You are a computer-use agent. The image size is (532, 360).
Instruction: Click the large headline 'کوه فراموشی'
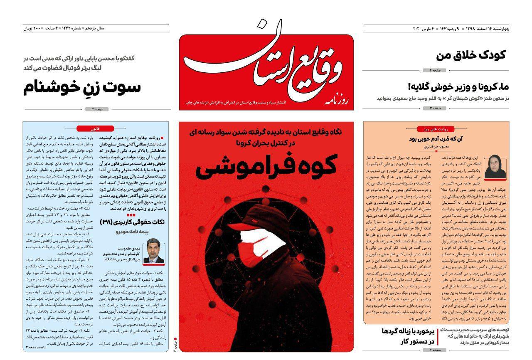point(266,165)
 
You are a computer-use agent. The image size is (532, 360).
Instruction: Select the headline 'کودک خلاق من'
point(471,55)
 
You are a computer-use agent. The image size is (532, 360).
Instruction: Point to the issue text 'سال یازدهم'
point(95,28)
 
